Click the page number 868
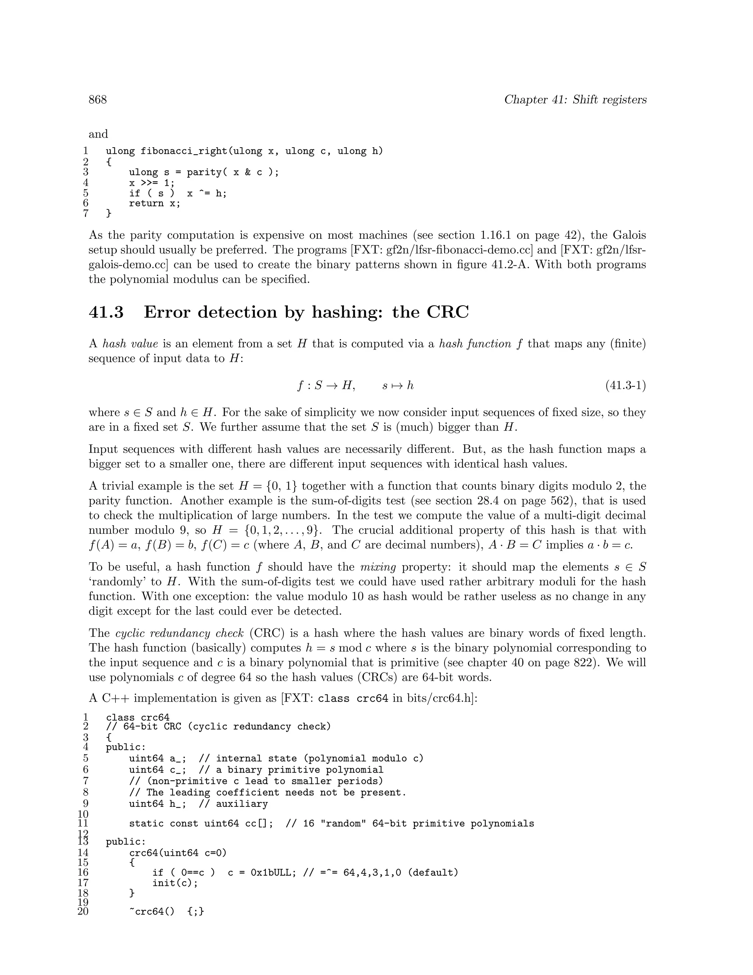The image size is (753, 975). pos(98,100)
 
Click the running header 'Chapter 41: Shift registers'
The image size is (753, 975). pos(575,100)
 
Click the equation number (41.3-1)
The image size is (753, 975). pos(625,385)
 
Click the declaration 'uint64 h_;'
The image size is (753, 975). pos(157,804)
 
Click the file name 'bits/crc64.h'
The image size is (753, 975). pos(439,698)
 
